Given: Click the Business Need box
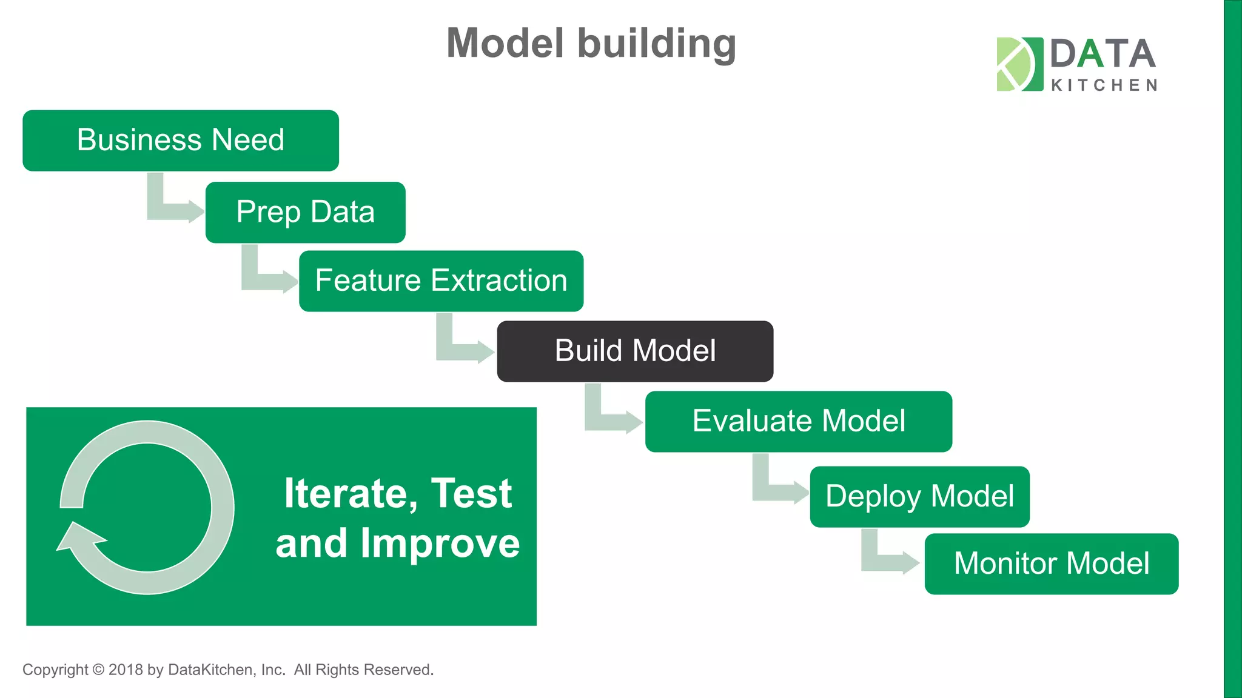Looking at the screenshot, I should tap(180, 141).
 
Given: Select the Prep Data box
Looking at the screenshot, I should tap(305, 212).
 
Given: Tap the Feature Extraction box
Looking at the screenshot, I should tap(441, 281).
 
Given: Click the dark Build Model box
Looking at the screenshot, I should tap(635, 351).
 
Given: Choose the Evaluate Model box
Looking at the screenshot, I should tap(798, 421).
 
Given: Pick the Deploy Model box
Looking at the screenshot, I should tap(919, 496).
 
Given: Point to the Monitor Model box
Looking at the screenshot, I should tap(1051, 563).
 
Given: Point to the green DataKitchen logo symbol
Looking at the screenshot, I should tap(1019, 64).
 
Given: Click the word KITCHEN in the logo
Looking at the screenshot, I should tap(1104, 85).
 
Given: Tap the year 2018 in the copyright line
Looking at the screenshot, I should tap(126, 670).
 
